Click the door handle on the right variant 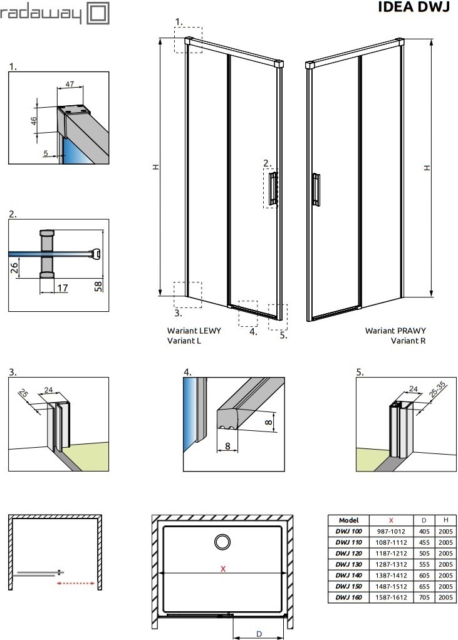point(317,188)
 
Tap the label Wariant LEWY point(194,330)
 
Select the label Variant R point(408,341)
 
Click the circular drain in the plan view point(222,542)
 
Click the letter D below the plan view point(259,633)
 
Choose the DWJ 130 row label point(348,564)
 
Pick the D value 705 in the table point(424,597)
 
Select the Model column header point(348,520)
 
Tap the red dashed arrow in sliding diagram point(75,583)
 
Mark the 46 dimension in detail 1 point(34,119)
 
